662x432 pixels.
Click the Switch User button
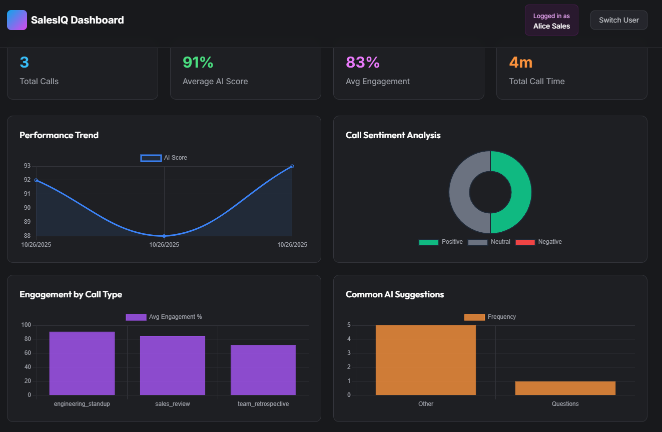pyautogui.click(x=618, y=20)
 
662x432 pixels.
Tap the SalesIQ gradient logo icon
pyautogui.click(x=17, y=20)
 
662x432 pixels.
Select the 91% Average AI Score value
pyautogui.click(x=198, y=63)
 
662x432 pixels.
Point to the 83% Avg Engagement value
pyautogui.click(x=363, y=63)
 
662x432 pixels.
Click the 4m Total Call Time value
pyautogui.click(x=520, y=63)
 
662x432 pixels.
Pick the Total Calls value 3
pyautogui.click(x=24, y=63)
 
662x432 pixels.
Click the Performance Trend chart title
pyautogui.click(x=59, y=135)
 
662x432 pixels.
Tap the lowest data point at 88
pyautogui.click(x=164, y=236)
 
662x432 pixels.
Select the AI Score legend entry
pyautogui.click(x=164, y=158)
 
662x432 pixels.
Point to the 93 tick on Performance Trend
pyautogui.click(x=27, y=166)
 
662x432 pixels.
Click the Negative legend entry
pyautogui.click(x=539, y=242)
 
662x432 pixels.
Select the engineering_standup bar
pyautogui.click(x=82, y=363)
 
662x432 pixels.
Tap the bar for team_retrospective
pyautogui.click(x=263, y=370)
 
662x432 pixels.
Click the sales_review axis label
pyautogui.click(x=173, y=404)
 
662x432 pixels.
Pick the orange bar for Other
pyautogui.click(x=426, y=360)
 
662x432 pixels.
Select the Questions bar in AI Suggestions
pyautogui.click(x=565, y=388)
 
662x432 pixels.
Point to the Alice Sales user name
pyautogui.click(x=551, y=26)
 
